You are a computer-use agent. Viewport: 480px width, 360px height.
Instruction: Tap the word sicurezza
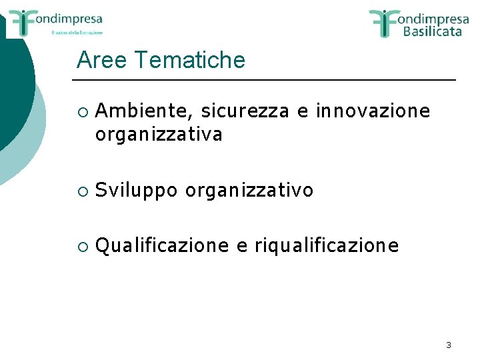pos(245,110)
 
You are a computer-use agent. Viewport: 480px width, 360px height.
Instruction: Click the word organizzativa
pos(159,135)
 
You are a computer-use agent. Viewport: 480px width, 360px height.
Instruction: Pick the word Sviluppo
pos(137,191)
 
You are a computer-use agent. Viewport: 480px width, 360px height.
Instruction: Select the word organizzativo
pos(249,191)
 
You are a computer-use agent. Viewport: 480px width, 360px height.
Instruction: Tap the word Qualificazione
pos(161,246)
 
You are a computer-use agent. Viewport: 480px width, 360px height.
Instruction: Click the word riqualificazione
pos(327,246)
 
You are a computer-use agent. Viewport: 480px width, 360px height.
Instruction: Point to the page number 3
pos(448,345)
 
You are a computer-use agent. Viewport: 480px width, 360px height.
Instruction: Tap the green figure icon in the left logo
pos(21,22)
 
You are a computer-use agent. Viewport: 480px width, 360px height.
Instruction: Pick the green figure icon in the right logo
pos(385,22)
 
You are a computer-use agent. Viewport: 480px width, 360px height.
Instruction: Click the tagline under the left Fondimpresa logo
pos(77,32)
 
